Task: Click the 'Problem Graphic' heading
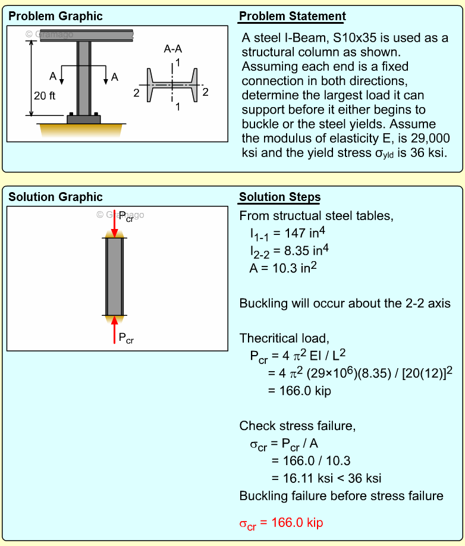tap(55, 16)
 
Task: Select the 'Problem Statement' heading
tap(292, 16)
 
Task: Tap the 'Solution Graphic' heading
tap(55, 197)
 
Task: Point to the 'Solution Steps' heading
tap(279, 197)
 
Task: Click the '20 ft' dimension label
tap(45, 96)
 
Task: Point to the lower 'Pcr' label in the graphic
tap(126, 339)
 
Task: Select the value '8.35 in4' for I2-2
tap(310, 251)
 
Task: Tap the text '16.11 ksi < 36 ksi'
tap(326, 478)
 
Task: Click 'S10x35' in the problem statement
tap(356, 38)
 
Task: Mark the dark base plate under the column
tap(84, 119)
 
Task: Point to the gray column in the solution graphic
tap(115, 277)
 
